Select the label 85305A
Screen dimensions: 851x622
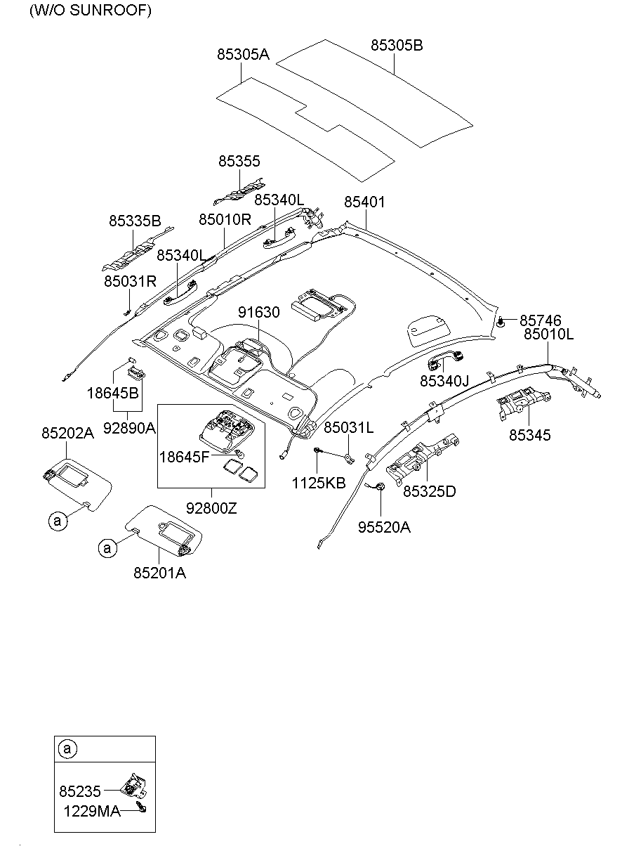[243, 53]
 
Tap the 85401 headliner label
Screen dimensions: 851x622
[364, 202]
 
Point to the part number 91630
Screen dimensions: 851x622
[258, 312]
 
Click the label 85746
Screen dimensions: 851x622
[541, 321]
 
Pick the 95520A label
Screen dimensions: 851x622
[384, 527]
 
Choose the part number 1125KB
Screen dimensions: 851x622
[319, 483]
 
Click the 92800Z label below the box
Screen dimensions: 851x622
[211, 507]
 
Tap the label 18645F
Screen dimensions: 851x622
[184, 457]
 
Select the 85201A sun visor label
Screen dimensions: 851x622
[160, 573]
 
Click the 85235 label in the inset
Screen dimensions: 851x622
[80, 792]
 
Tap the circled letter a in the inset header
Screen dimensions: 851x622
[67, 749]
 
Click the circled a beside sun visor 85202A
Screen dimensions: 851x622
[58, 521]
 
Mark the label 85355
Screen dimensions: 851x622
[239, 162]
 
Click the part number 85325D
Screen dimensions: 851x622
[429, 491]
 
